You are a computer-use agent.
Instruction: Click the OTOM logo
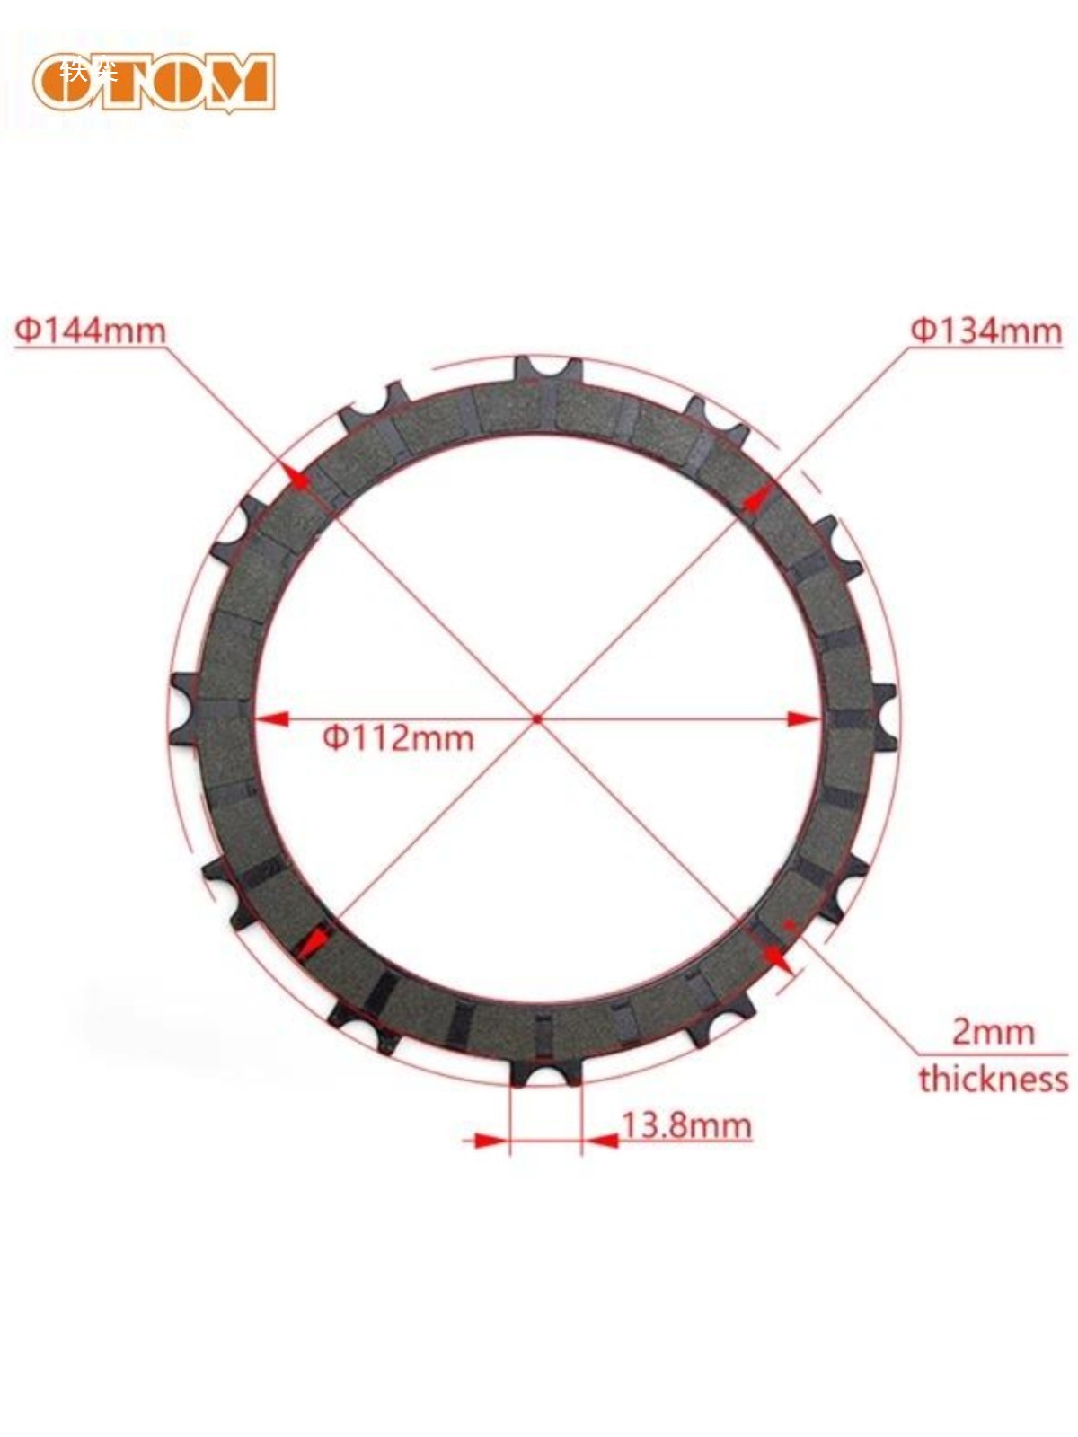[x=154, y=81]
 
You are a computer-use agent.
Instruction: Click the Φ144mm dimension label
[x=90, y=331]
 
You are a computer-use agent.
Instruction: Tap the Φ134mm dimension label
[x=986, y=331]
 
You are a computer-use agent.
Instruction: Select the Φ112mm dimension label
[x=398, y=737]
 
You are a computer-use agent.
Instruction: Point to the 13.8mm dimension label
[x=686, y=1124]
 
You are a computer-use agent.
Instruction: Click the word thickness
[x=993, y=1078]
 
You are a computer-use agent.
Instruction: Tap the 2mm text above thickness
[x=993, y=1032]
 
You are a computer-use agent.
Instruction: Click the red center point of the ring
[x=537, y=718]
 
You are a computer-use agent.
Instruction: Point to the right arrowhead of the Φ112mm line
[x=803, y=718]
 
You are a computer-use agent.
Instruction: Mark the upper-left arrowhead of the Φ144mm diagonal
[x=297, y=476]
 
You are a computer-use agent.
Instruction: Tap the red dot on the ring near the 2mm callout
[x=789, y=922]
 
